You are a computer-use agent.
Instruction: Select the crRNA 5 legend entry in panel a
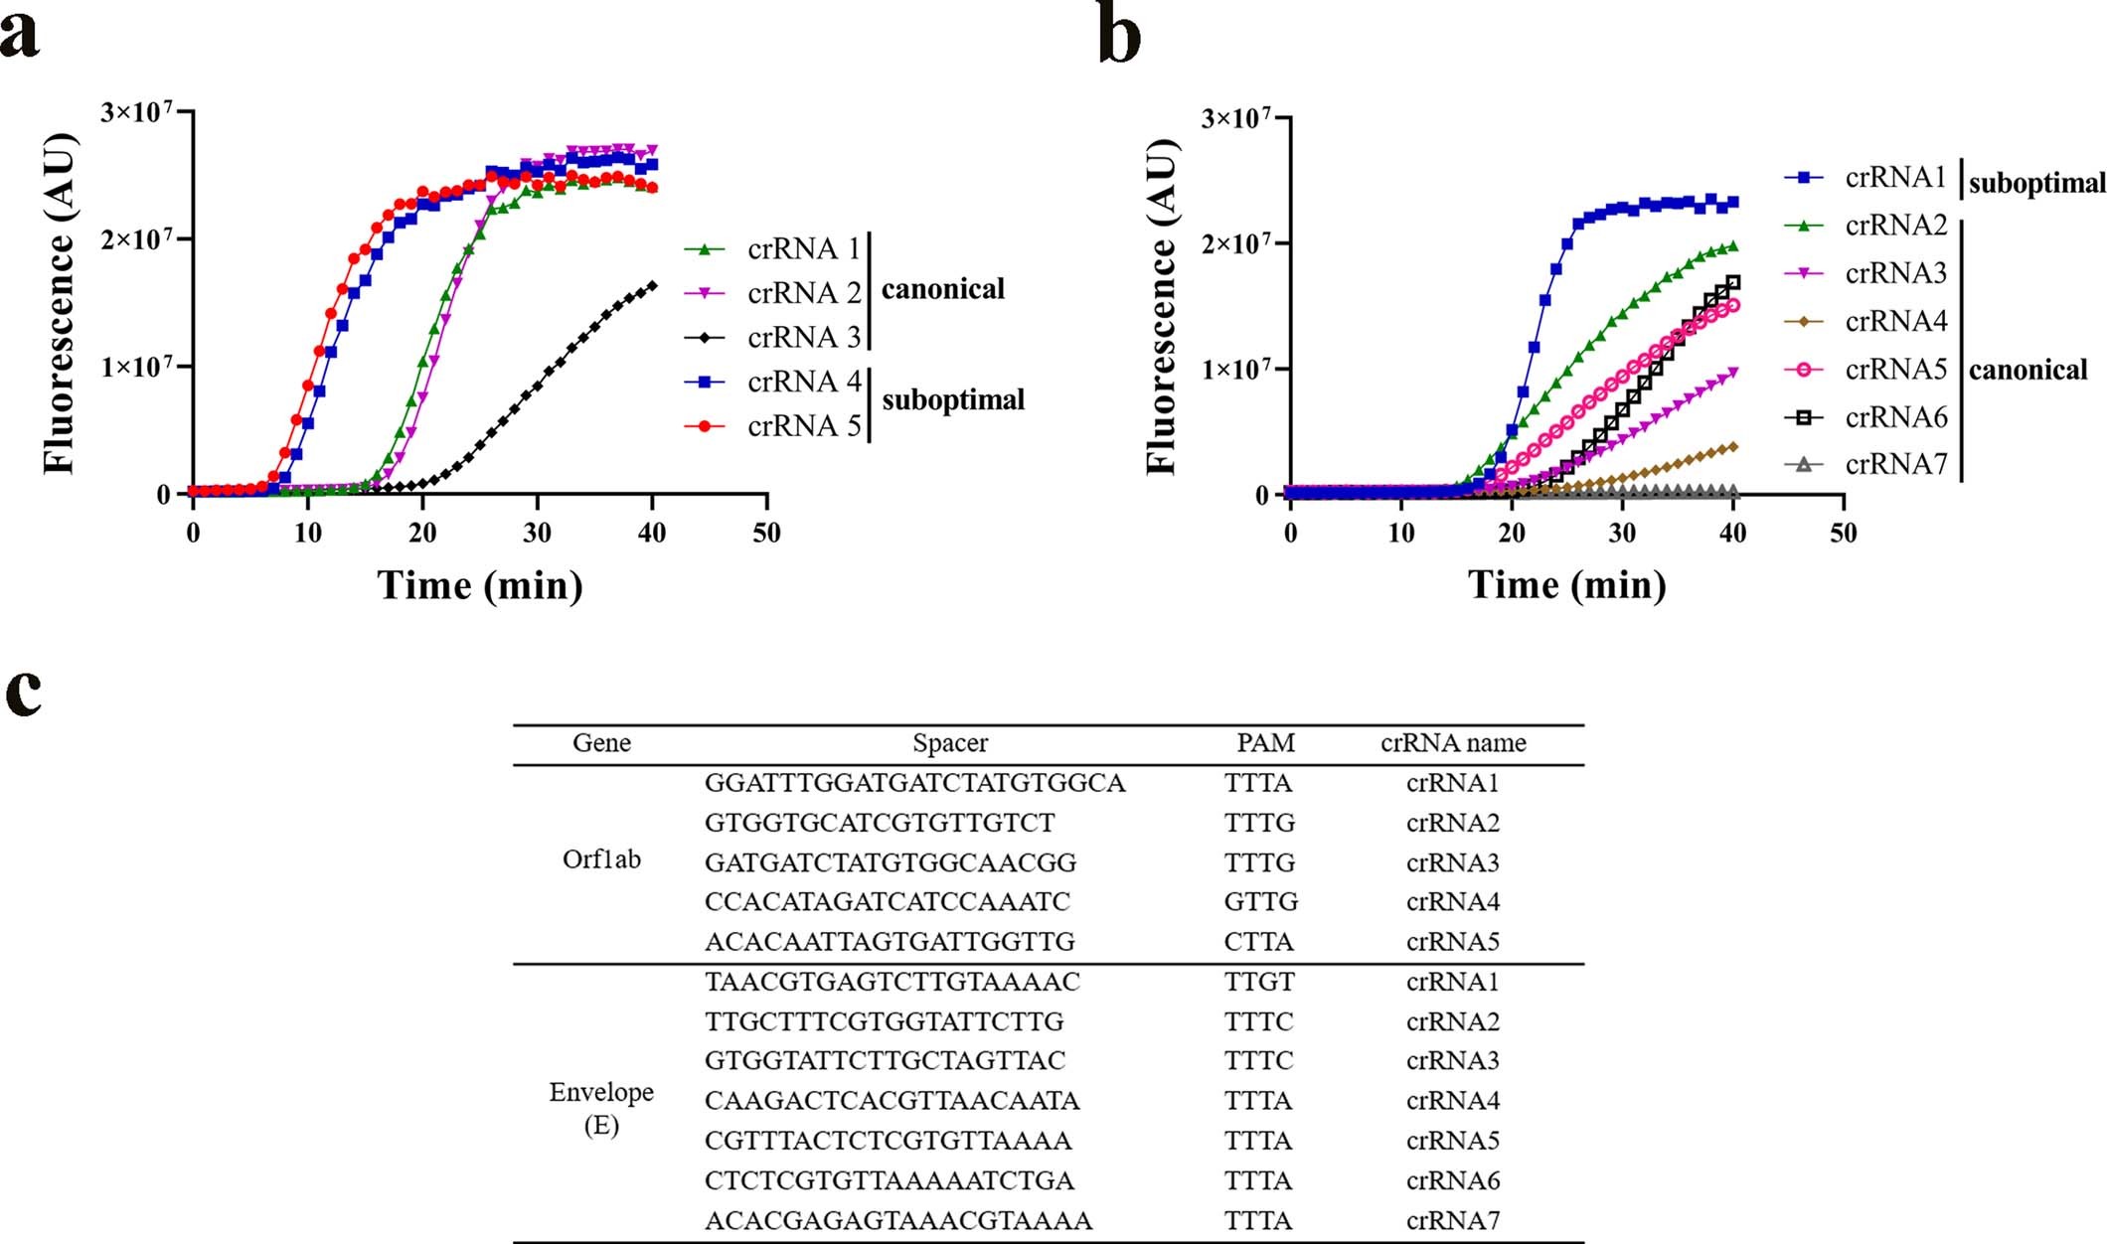coord(803,425)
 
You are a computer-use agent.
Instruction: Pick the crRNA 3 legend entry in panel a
coord(803,338)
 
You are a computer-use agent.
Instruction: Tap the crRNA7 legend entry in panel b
coord(1895,464)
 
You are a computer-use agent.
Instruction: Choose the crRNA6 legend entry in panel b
coord(1895,417)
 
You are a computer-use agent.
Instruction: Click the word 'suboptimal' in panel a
coord(952,399)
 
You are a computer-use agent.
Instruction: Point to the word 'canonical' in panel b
coord(2027,371)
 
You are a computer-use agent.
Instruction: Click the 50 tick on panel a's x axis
coord(766,533)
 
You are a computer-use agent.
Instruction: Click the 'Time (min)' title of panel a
coord(480,584)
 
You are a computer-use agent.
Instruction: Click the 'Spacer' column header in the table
coord(950,743)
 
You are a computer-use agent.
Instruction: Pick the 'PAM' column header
coord(1265,743)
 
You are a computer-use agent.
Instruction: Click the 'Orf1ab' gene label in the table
coord(601,859)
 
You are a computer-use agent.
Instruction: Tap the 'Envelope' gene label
coord(601,1092)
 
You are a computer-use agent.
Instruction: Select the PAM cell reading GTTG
coord(1260,902)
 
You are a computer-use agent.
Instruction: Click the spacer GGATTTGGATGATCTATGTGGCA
coord(914,783)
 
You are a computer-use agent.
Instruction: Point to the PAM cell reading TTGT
coord(1259,982)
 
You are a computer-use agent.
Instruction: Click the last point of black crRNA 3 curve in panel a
coord(652,285)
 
